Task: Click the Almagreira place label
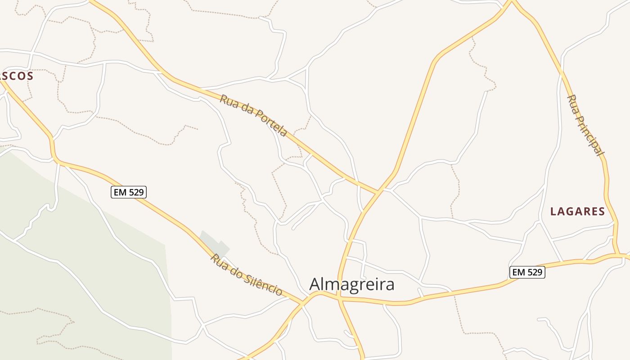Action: [352, 284]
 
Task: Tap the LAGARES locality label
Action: [577, 211]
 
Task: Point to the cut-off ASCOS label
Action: [17, 76]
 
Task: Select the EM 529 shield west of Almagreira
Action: [129, 193]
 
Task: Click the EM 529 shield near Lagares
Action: [527, 272]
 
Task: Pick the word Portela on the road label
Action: [271, 122]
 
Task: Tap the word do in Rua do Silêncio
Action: [237, 270]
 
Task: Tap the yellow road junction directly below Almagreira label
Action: [339, 298]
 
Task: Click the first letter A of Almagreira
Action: [315, 284]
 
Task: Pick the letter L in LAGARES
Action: [554, 211]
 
